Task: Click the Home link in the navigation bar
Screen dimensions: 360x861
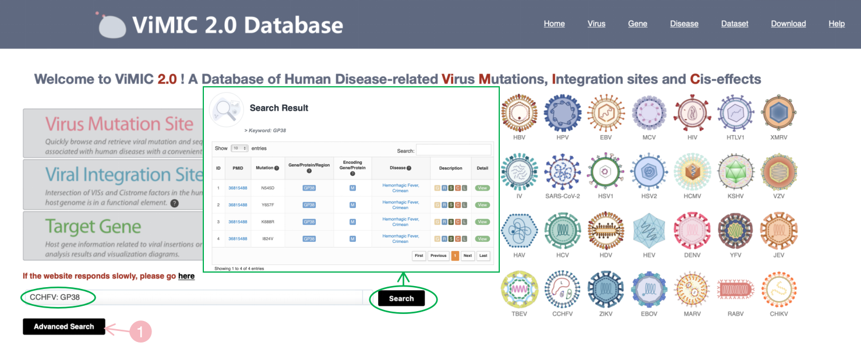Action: [x=554, y=24]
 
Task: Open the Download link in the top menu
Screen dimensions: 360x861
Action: [x=788, y=24]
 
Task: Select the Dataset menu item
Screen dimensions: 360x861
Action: [x=735, y=24]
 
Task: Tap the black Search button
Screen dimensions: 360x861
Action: [x=401, y=299]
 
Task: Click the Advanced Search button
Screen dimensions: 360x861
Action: [x=64, y=327]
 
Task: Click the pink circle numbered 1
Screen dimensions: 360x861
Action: [x=140, y=332]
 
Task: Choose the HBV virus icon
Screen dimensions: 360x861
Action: [x=519, y=113]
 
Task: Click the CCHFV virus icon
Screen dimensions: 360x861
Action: [x=562, y=289]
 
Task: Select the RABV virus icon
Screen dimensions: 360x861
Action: [x=736, y=289]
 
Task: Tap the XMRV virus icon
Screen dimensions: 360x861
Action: [x=779, y=113]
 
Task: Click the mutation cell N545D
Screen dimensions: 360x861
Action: [x=268, y=188]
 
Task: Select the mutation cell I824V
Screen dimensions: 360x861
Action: [x=268, y=239]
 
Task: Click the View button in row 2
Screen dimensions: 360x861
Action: [x=482, y=205]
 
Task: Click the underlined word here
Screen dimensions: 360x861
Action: [x=186, y=276]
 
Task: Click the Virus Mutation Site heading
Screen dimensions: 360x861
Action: [x=119, y=124]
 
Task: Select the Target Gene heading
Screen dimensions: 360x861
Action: [x=93, y=226]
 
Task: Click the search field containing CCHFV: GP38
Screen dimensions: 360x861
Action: [x=192, y=298]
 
